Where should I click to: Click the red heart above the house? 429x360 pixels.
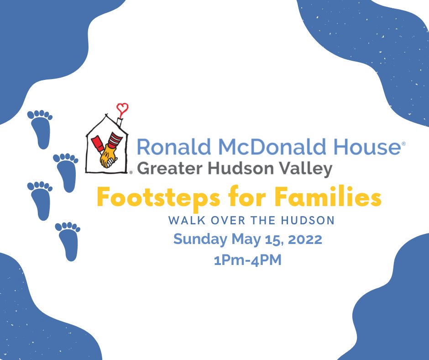[122, 109]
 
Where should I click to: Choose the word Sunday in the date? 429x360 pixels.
[200, 239]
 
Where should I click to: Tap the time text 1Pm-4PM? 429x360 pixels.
[247, 260]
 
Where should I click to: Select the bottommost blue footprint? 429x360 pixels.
[68, 241]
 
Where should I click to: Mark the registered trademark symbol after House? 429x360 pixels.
[403, 143]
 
